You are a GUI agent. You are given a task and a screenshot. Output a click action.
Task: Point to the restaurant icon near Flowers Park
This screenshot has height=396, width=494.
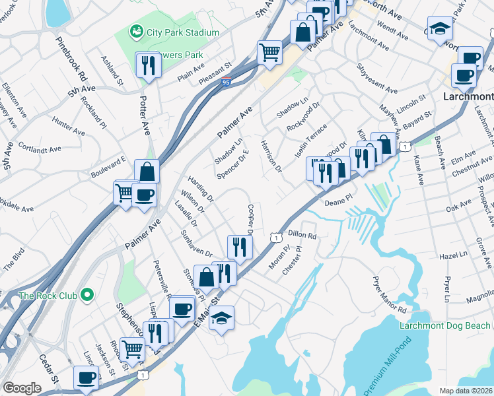pos(147,65)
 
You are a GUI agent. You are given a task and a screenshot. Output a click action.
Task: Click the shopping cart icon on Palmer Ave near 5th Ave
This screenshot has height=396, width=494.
pos(269,51)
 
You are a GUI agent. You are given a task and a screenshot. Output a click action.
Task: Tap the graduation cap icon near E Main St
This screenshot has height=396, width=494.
pos(222,317)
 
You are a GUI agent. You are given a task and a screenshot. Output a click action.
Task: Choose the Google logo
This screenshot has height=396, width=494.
pos(22,388)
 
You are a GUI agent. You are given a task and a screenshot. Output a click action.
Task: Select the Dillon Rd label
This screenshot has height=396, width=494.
pos(303,235)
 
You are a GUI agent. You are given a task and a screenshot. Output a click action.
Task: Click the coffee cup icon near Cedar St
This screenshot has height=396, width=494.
pos(86,378)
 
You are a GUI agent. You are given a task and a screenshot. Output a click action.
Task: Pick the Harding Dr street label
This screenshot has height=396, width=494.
pos(200,188)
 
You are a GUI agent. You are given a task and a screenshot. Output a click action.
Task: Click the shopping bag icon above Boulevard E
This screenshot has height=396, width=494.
pos(147,172)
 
